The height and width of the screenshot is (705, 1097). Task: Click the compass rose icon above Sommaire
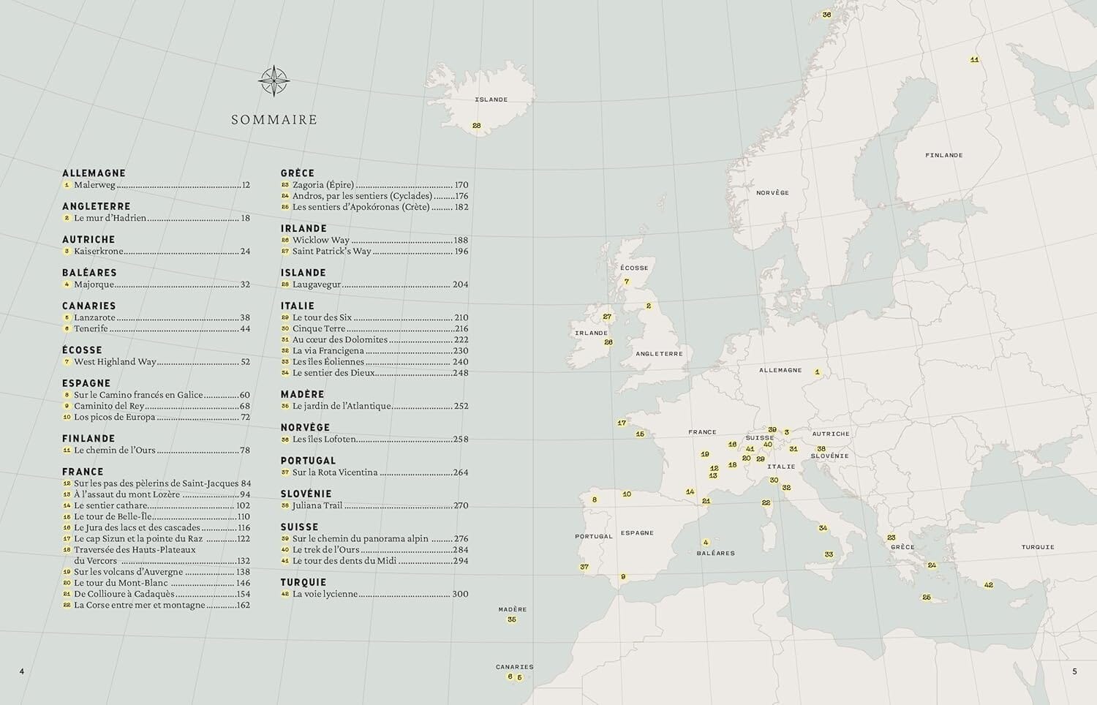click(x=274, y=81)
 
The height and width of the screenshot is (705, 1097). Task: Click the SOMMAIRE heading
click(x=274, y=120)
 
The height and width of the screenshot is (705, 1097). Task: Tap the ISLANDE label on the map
click(x=491, y=99)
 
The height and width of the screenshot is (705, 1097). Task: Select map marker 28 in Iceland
click(x=477, y=126)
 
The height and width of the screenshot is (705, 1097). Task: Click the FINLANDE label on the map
click(x=943, y=155)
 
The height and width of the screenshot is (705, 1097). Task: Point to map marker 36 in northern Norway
click(x=826, y=15)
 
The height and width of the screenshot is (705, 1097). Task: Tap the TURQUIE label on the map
click(x=1038, y=547)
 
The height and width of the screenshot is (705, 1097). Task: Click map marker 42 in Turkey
click(x=989, y=585)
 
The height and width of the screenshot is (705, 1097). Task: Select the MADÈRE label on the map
click(x=512, y=609)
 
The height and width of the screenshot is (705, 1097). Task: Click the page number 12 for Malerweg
click(x=246, y=185)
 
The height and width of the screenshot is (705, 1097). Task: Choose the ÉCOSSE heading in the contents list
click(x=82, y=350)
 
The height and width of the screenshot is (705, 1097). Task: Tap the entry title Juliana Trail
click(x=317, y=505)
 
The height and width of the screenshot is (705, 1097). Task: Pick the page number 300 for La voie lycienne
click(x=460, y=594)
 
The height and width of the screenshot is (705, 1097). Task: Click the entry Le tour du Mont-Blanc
click(x=121, y=583)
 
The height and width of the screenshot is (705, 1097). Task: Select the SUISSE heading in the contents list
click(x=299, y=527)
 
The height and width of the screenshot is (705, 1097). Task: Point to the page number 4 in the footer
click(x=22, y=671)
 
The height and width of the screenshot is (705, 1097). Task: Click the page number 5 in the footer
click(x=1074, y=671)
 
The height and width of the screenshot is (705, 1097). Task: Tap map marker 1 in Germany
click(x=818, y=373)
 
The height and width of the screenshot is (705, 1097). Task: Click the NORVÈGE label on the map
click(x=772, y=192)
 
